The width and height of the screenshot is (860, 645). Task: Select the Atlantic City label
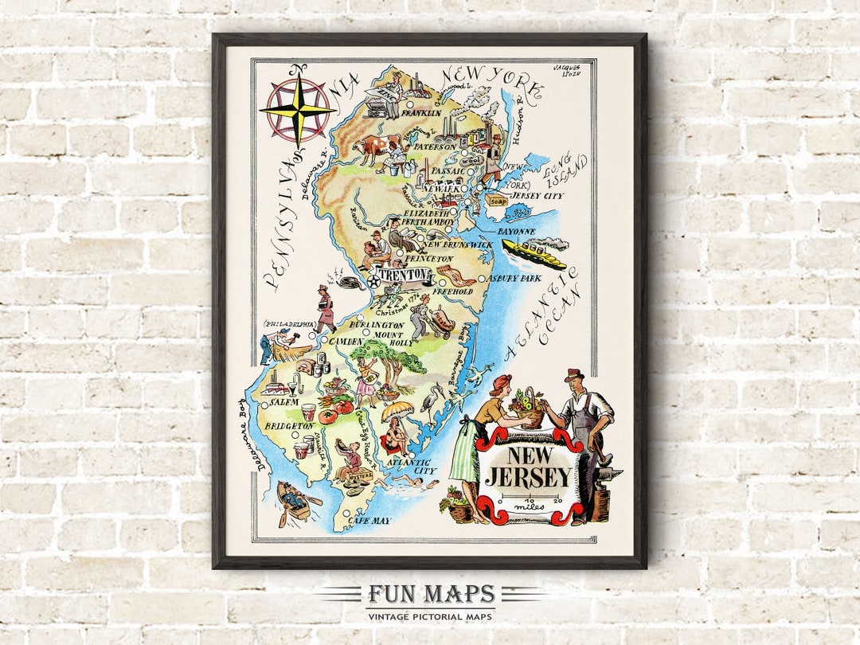click(408, 466)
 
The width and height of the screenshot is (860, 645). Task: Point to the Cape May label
click(369, 521)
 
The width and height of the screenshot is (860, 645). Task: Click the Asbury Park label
click(514, 279)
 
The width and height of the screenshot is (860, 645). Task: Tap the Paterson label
click(433, 147)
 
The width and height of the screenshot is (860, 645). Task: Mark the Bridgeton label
click(287, 428)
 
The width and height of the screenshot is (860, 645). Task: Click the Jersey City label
click(537, 195)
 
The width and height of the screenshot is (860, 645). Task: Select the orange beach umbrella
click(397, 411)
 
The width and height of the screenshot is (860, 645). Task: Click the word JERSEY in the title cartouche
click(529, 478)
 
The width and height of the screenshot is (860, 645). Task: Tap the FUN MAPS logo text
click(431, 595)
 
